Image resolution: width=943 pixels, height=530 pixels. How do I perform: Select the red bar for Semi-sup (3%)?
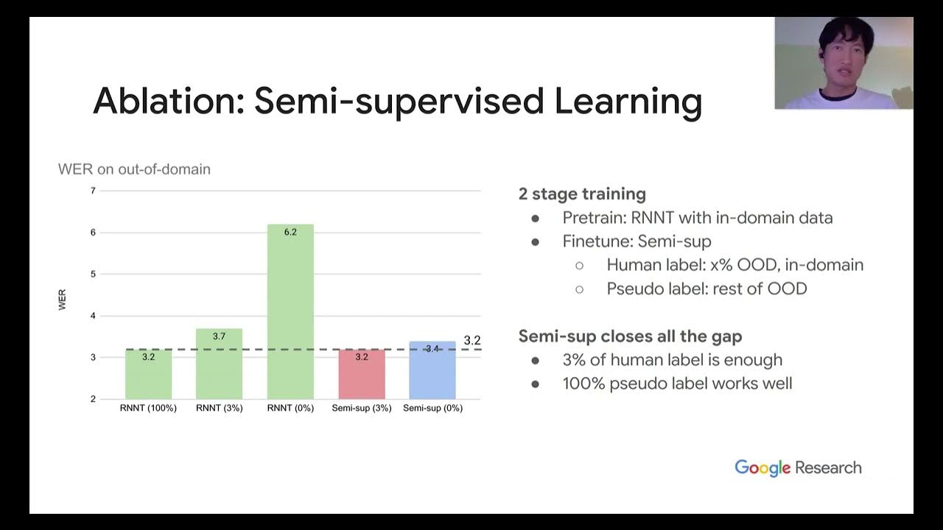point(361,375)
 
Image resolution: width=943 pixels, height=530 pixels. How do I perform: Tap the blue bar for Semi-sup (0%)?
point(432,372)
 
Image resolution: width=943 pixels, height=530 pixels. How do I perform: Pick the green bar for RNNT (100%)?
point(149,375)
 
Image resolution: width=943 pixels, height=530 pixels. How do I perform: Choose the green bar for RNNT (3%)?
point(219,364)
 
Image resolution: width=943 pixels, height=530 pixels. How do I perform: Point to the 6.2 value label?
point(290,232)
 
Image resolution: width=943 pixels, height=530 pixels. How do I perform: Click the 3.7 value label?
point(219,336)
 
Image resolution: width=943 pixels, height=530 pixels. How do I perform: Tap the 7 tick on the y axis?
point(93,191)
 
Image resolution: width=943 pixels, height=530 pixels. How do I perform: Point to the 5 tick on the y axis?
point(93,274)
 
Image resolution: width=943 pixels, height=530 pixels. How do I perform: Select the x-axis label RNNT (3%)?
point(219,408)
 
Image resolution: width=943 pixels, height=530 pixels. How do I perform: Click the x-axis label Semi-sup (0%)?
point(432,408)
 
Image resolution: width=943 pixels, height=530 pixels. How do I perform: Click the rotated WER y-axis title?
point(63,300)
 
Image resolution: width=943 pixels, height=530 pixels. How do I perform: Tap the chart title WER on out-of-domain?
point(134,169)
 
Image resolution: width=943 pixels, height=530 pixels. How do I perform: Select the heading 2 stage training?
point(582,194)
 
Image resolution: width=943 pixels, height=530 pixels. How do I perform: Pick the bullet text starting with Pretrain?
point(697,218)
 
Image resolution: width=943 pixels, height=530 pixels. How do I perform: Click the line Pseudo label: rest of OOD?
point(707,289)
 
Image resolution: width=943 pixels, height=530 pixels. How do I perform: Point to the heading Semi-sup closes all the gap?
point(630,336)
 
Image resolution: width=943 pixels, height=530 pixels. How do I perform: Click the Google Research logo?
point(798,467)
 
